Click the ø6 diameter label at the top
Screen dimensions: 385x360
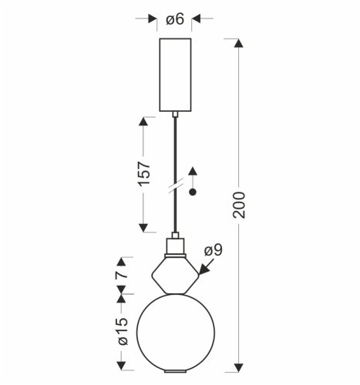click(x=175, y=18)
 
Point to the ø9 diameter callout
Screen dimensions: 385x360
click(x=214, y=250)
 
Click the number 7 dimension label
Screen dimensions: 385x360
click(x=120, y=273)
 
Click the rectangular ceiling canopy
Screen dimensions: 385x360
click(x=175, y=74)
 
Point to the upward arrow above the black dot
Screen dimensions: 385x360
click(x=193, y=171)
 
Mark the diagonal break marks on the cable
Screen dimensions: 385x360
click(x=175, y=188)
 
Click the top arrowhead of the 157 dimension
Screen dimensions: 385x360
click(x=143, y=122)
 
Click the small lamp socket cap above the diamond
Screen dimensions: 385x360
click(x=175, y=246)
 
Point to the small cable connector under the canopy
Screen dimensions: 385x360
click(x=175, y=114)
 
